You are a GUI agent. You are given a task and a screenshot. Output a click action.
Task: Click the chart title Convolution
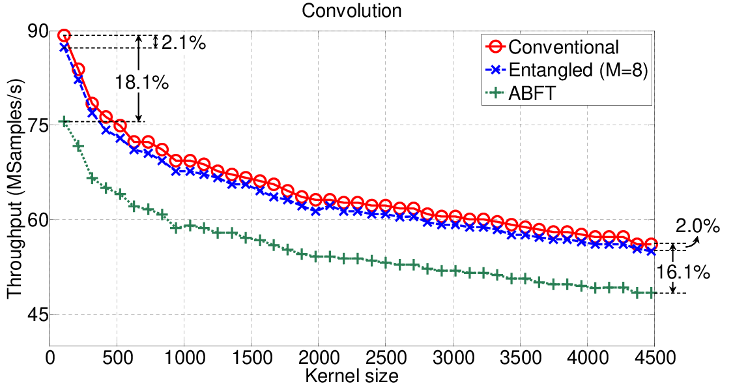tap(352, 10)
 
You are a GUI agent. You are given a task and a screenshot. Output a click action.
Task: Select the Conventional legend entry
tap(552, 47)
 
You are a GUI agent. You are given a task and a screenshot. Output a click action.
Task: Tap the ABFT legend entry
tap(521, 93)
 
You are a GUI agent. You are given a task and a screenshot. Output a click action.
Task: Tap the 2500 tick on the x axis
tap(386, 357)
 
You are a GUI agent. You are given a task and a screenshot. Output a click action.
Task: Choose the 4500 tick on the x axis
tap(654, 357)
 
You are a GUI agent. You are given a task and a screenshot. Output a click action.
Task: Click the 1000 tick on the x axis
tap(184, 357)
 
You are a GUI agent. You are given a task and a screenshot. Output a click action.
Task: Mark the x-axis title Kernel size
tap(352, 376)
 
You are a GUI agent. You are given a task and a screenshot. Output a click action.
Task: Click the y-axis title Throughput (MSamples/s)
tap(14, 188)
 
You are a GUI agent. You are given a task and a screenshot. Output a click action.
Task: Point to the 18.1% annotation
tap(141, 83)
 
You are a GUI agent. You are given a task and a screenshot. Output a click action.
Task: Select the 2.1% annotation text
tap(184, 43)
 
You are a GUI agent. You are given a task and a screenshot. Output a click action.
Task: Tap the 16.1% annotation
tap(683, 272)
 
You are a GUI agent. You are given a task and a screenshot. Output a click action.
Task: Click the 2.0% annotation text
tap(697, 226)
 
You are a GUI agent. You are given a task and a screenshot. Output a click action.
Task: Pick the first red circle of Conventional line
tap(64, 35)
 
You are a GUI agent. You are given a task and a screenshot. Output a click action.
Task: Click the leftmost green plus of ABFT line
tap(64, 122)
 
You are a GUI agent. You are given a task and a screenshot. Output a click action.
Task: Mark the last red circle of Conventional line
tap(652, 244)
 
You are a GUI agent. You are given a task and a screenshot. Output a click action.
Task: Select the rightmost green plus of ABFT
tap(651, 293)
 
